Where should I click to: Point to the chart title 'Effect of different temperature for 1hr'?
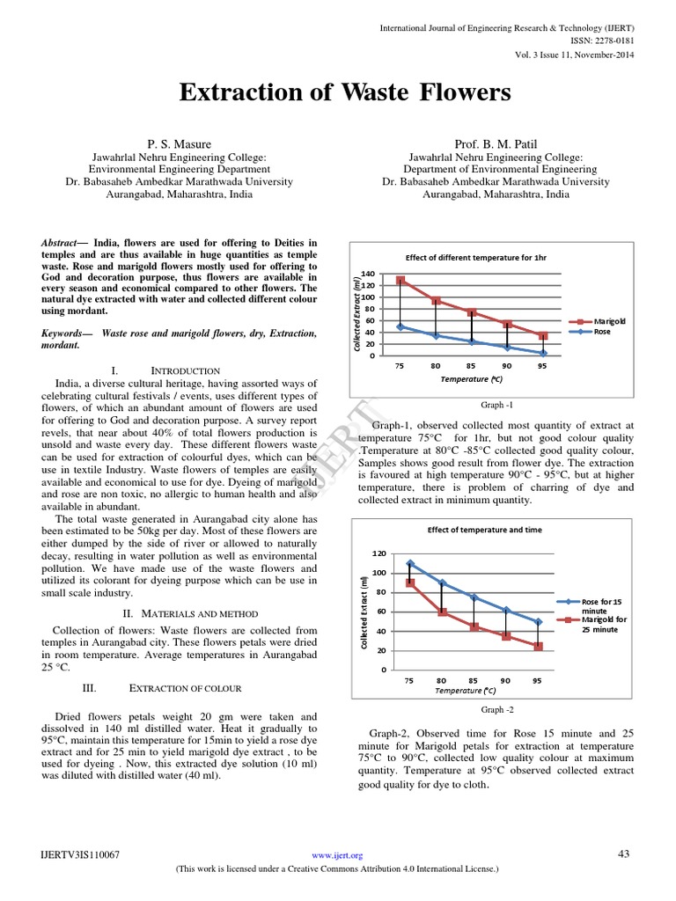coord(475,258)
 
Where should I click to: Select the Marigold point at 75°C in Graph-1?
coord(400,281)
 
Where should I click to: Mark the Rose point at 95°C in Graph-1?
coord(543,353)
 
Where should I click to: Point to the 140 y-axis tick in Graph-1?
coord(368,274)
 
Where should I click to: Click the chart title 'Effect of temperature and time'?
coord(485,530)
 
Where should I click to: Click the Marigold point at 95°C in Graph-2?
coord(538,646)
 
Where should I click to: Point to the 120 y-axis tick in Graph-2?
coord(378,553)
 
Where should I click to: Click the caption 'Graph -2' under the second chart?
coord(493,709)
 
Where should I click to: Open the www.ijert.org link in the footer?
coord(338,855)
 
